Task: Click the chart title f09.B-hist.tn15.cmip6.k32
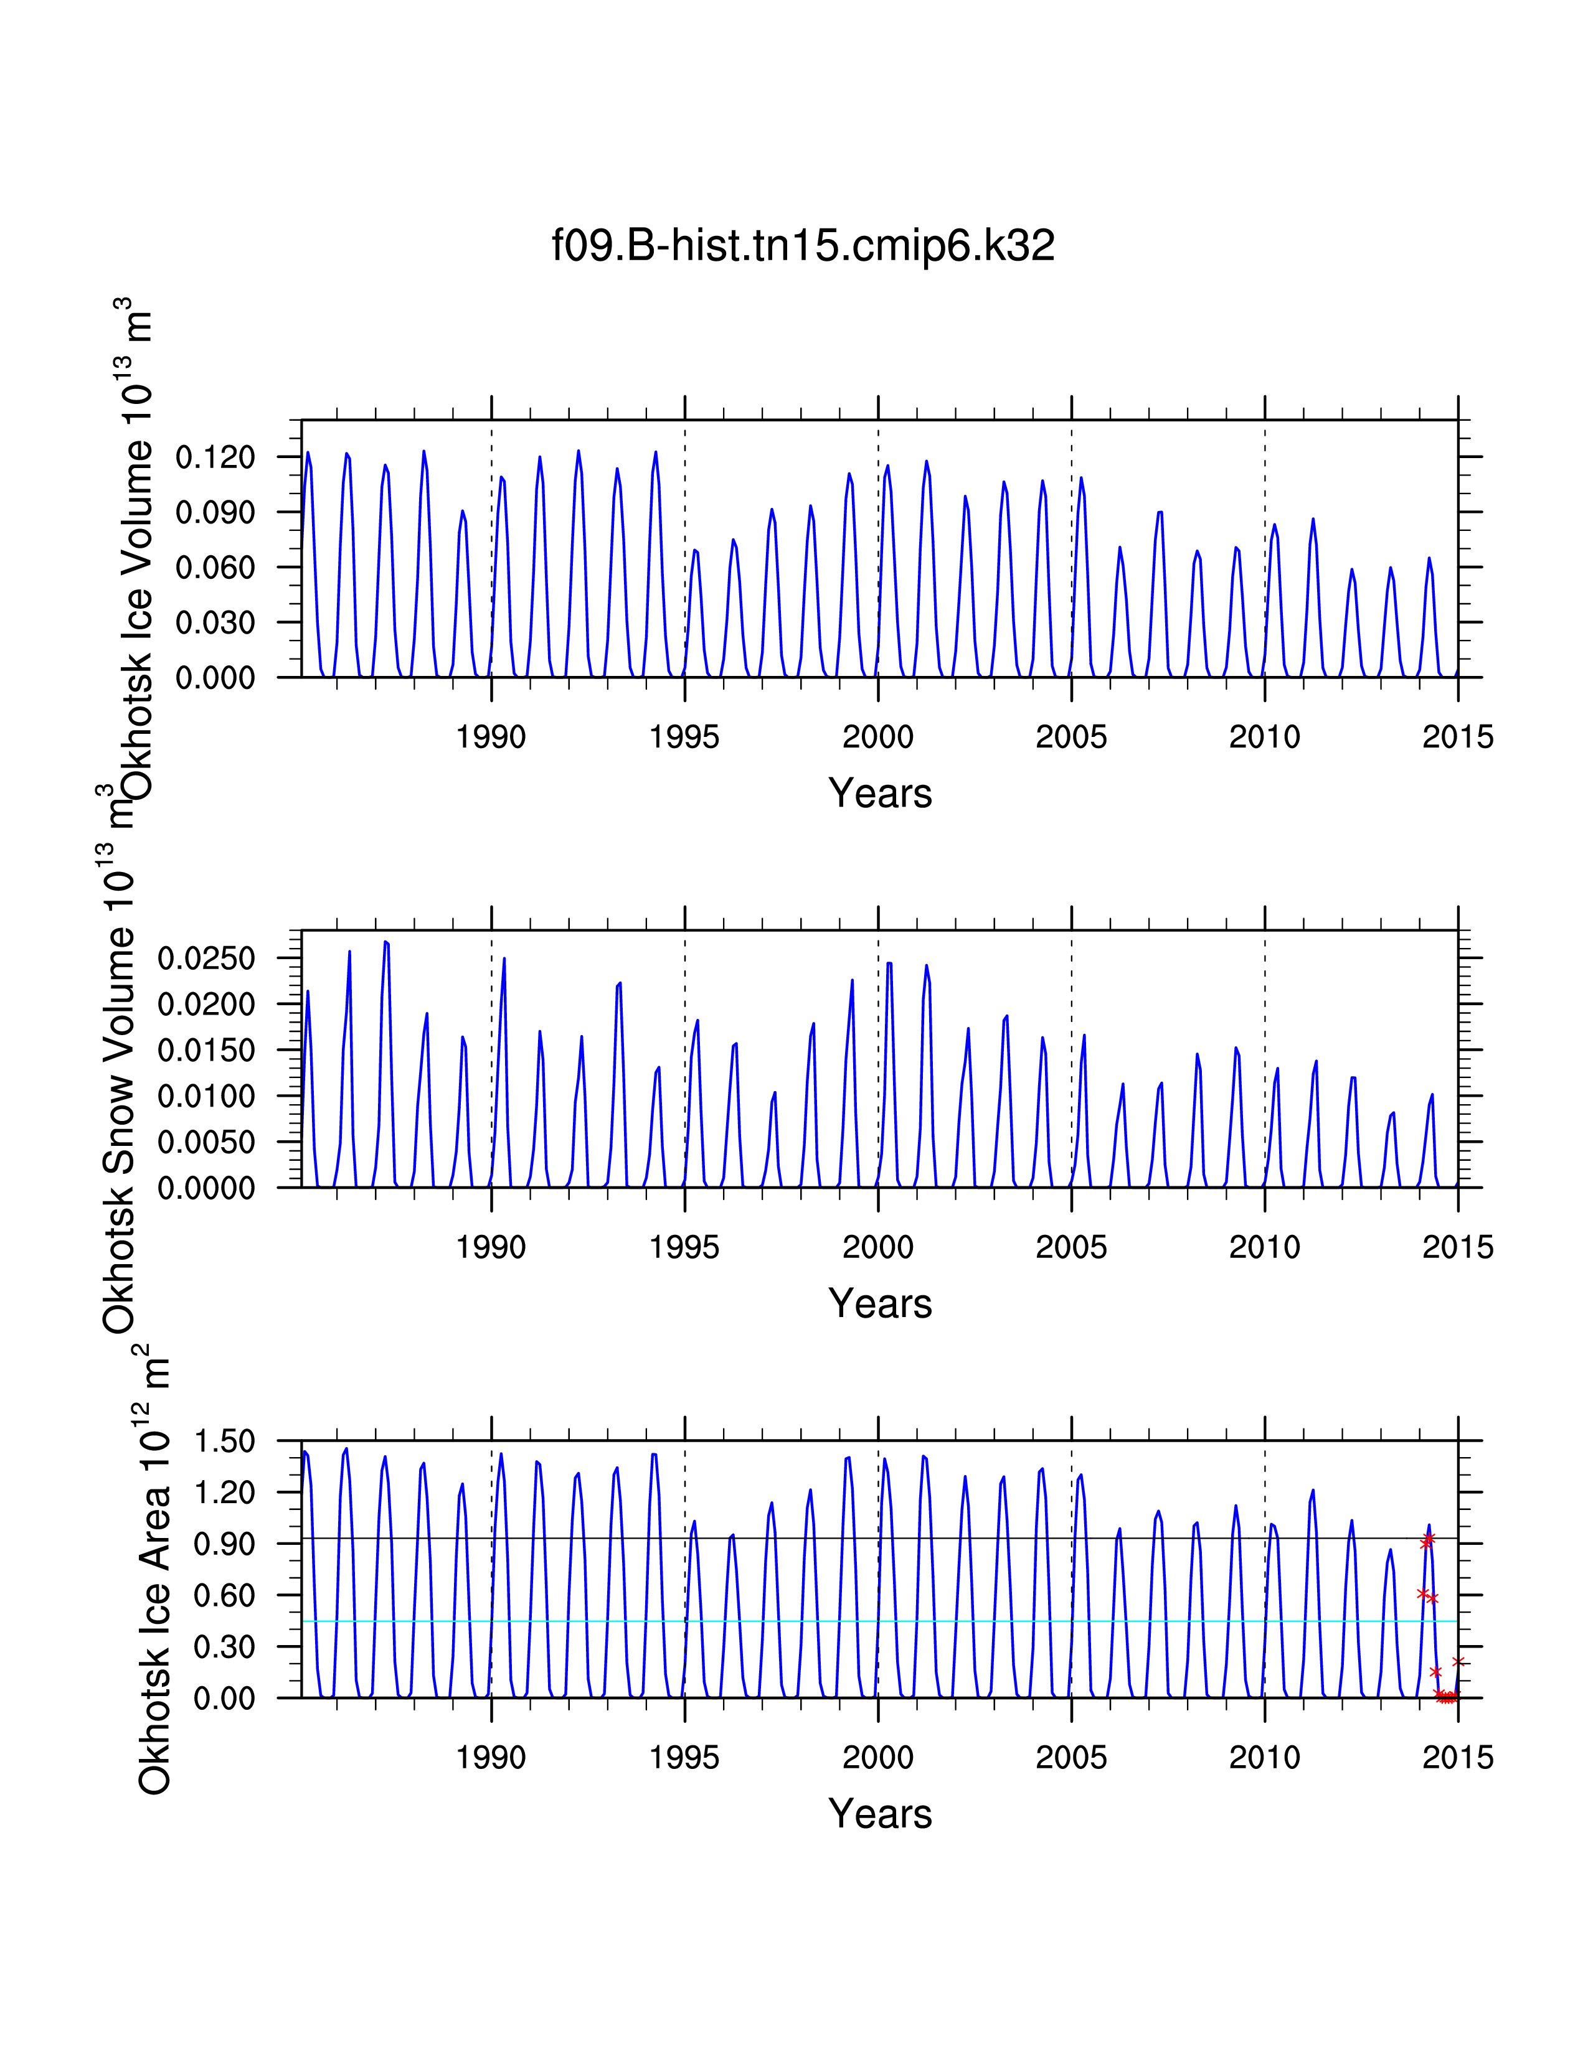(803, 245)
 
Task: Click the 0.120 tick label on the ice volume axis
(215, 458)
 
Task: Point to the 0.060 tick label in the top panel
(215, 568)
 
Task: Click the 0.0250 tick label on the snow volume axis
(206, 959)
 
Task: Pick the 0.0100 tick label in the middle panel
(206, 1097)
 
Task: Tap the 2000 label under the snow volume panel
(877, 1247)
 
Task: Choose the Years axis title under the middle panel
(879, 1305)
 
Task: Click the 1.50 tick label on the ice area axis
(224, 1442)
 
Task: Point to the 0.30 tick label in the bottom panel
(224, 1647)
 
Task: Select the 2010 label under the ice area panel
(1264, 1758)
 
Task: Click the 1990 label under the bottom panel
(491, 1758)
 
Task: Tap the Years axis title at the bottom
(879, 1814)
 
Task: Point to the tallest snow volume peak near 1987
(385, 942)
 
